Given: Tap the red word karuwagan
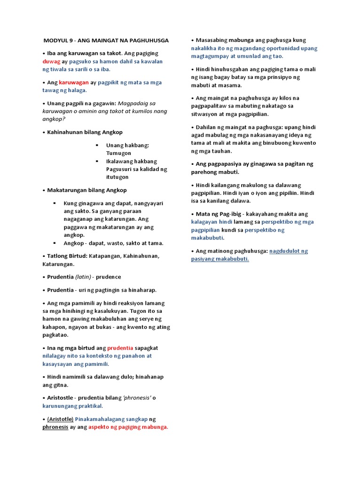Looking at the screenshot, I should (x=74, y=82).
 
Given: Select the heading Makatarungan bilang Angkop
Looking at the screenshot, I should (x=86, y=190).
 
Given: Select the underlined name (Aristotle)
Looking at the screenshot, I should (x=60, y=419).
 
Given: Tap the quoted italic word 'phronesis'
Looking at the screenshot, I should (x=137, y=398).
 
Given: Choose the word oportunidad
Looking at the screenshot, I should (x=275, y=48).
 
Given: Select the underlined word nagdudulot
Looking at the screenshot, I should (x=288, y=251).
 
